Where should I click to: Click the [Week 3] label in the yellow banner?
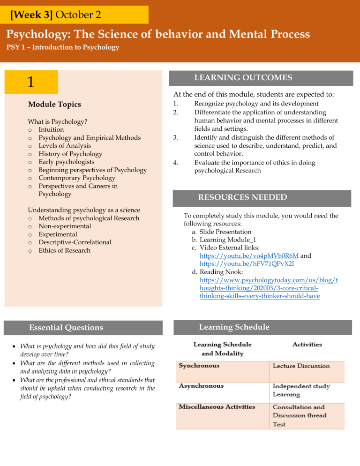(x=32, y=15)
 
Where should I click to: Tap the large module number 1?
(x=30, y=83)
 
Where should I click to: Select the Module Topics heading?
(x=54, y=104)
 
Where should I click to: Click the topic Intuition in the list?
(x=51, y=129)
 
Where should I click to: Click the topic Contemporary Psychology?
(x=77, y=178)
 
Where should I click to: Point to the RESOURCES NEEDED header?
(x=242, y=197)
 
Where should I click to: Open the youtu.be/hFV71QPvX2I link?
(x=232, y=264)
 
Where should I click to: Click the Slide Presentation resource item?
(x=225, y=232)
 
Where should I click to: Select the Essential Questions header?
(x=66, y=328)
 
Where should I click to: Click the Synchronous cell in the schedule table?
(x=199, y=366)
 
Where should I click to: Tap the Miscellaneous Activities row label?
(x=217, y=406)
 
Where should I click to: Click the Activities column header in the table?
(x=307, y=345)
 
